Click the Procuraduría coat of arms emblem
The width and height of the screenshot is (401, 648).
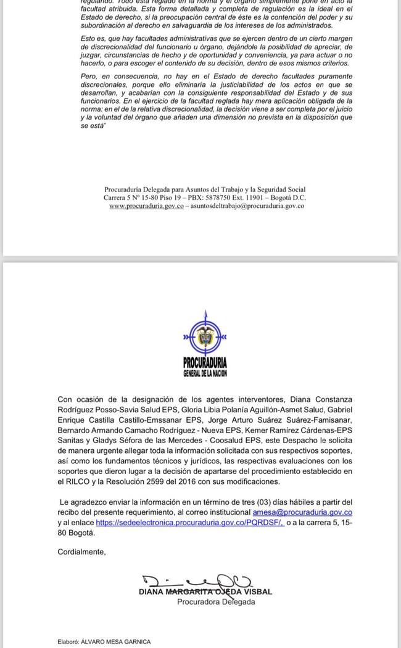[x=204, y=337]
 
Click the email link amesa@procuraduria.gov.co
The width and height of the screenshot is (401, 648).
[x=302, y=512]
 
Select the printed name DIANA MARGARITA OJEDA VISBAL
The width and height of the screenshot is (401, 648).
[x=205, y=592]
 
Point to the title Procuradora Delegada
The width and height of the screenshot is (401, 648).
[x=216, y=602]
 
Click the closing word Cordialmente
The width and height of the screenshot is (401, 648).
[x=81, y=552]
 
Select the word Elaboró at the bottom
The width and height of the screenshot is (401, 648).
[x=70, y=642]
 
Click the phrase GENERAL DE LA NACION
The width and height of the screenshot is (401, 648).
[x=205, y=373]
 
